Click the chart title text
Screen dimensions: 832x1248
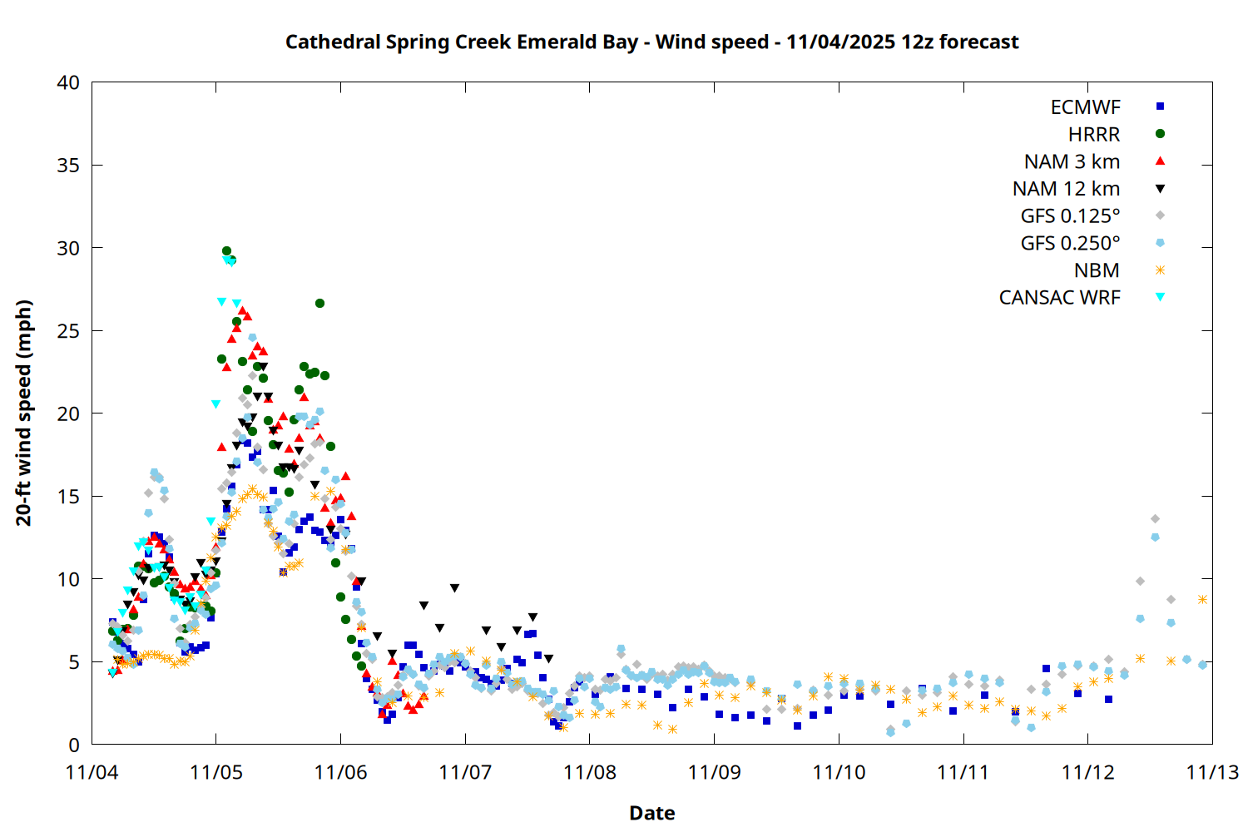coord(651,42)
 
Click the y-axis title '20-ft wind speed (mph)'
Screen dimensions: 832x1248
coord(24,413)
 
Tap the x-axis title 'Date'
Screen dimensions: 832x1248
coord(651,813)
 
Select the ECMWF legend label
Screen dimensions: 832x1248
coord(1085,107)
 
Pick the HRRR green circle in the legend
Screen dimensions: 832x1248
coord(1160,134)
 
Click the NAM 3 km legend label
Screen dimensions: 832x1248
coord(1072,161)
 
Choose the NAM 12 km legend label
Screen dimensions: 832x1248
coord(1066,189)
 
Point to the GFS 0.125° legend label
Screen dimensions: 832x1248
coord(1070,216)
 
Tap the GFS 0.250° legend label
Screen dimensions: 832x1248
coord(1070,243)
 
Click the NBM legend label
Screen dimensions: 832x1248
coord(1097,270)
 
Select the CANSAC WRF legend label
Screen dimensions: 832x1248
coord(1059,298)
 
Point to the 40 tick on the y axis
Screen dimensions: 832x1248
coord(69,82)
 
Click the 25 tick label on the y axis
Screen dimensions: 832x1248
coord(69,331)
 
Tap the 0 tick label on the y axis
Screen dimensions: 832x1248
coord(75,745)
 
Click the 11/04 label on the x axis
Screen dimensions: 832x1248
coord(92,772)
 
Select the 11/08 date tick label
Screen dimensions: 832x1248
coord(590,772)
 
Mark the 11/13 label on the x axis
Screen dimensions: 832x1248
coord(1212,772)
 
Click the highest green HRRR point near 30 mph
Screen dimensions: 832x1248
coord(226,250)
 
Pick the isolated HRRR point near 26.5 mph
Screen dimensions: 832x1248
coord(319,304)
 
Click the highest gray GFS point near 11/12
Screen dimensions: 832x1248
coord(1155,519)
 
